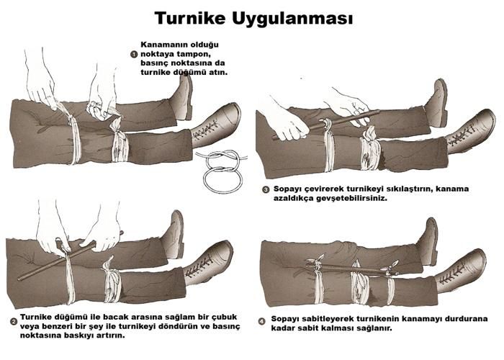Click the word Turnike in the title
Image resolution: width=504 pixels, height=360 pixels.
coord(190,18)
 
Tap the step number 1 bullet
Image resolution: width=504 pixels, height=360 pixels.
coord(134,54)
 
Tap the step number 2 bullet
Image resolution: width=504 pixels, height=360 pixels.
coord(14,321)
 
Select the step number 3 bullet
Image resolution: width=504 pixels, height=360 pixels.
coord(266,189)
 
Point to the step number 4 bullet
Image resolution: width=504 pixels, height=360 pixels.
coord(262,321)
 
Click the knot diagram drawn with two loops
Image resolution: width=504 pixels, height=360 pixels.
coord(222,171)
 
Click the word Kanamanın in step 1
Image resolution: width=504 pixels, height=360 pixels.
coord(160,45)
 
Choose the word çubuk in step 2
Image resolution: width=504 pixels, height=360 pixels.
coord(225,318)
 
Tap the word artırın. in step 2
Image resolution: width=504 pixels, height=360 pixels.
coord(110,336)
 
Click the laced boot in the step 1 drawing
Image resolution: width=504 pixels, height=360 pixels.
coord(216,127)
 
